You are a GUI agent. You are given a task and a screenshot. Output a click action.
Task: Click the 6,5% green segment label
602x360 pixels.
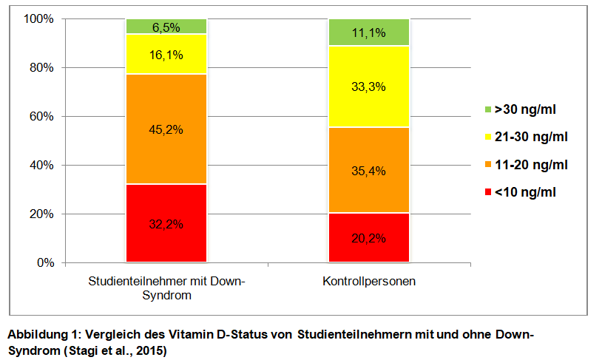point(166,27)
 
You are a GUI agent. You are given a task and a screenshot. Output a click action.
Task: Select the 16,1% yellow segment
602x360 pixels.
point(166,54)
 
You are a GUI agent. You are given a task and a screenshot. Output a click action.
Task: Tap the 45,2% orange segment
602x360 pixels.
point(166,129)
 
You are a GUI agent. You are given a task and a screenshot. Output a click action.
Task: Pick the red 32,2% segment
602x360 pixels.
point(166,223)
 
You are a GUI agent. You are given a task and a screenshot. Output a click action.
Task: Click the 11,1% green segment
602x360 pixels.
point(368,33)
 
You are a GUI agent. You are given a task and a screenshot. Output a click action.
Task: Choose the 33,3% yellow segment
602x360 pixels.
point(368,86)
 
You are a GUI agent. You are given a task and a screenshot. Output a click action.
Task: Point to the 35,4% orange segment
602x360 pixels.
point(368,171)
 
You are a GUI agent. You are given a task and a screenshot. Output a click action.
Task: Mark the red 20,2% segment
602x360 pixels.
point(368,238)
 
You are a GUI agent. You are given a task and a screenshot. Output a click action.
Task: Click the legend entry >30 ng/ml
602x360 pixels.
point(524,110)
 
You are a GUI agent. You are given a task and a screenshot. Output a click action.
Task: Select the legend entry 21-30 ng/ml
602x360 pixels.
point(528,137)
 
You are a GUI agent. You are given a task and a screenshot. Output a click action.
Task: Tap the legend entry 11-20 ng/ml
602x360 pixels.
point(528,165)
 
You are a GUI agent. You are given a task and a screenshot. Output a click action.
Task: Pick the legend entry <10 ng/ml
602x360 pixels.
point(524,192)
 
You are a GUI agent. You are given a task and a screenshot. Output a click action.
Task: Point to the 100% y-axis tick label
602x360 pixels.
point(38,18)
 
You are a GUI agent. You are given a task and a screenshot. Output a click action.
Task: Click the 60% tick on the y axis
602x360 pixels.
point(41,116)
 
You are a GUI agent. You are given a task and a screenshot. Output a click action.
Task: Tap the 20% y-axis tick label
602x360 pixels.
point(41,214)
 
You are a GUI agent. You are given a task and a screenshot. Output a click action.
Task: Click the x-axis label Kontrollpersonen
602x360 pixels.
point(368,282)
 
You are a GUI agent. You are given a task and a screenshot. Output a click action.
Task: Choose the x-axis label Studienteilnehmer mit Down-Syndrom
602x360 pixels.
point(166,288)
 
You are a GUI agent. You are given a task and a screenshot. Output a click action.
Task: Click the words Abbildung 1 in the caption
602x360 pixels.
point(38,335)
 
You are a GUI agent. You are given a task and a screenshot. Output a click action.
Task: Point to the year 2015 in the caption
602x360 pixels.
point(152,350)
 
